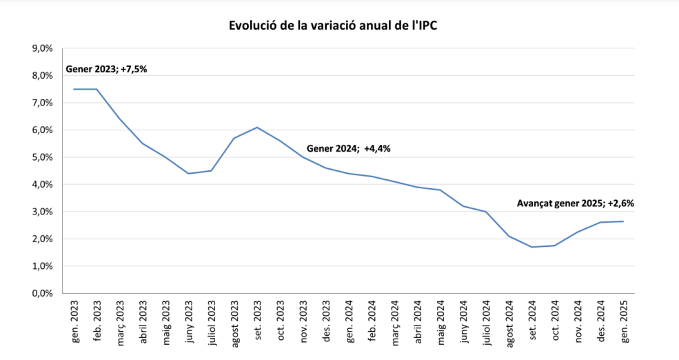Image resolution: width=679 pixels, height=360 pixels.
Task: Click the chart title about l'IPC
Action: point(333,26)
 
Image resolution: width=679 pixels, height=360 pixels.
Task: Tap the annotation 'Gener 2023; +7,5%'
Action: point(107,69)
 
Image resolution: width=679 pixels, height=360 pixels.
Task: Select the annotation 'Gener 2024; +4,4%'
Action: point(348,148)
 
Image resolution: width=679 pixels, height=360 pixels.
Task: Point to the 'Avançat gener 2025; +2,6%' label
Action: point(575,203)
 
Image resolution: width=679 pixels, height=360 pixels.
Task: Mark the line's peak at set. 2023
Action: point(257,128)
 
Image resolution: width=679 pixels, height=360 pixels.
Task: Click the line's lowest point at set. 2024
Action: point(532,247)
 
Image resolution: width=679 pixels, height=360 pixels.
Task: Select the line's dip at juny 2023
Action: point(189,173)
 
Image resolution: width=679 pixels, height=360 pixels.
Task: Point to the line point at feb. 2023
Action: point(97,89)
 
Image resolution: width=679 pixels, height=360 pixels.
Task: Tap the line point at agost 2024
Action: point(509,236)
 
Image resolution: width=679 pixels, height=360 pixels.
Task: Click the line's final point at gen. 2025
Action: point(624,221)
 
